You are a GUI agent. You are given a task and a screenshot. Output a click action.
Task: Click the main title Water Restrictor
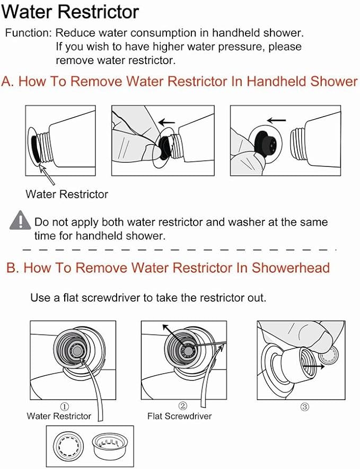[x=72, y=11]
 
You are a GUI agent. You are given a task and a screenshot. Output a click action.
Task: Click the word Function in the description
[x=27, y=33]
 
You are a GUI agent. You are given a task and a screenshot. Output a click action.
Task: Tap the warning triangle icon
[x=20, y=219]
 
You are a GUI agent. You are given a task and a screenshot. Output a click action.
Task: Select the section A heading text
[x=180, y=82]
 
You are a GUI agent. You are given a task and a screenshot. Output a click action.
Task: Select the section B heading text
[x=168, y=268]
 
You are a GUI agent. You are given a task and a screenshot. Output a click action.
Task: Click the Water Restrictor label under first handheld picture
[x=66, y=194]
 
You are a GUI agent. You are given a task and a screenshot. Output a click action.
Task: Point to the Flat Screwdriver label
[x=179, y=416]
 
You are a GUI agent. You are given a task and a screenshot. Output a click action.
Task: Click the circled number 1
[x=65, y=406]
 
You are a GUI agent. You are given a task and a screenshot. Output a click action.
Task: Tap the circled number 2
[x=182, y=406]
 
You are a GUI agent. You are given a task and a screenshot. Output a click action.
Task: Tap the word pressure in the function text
[x=242, y=47]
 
